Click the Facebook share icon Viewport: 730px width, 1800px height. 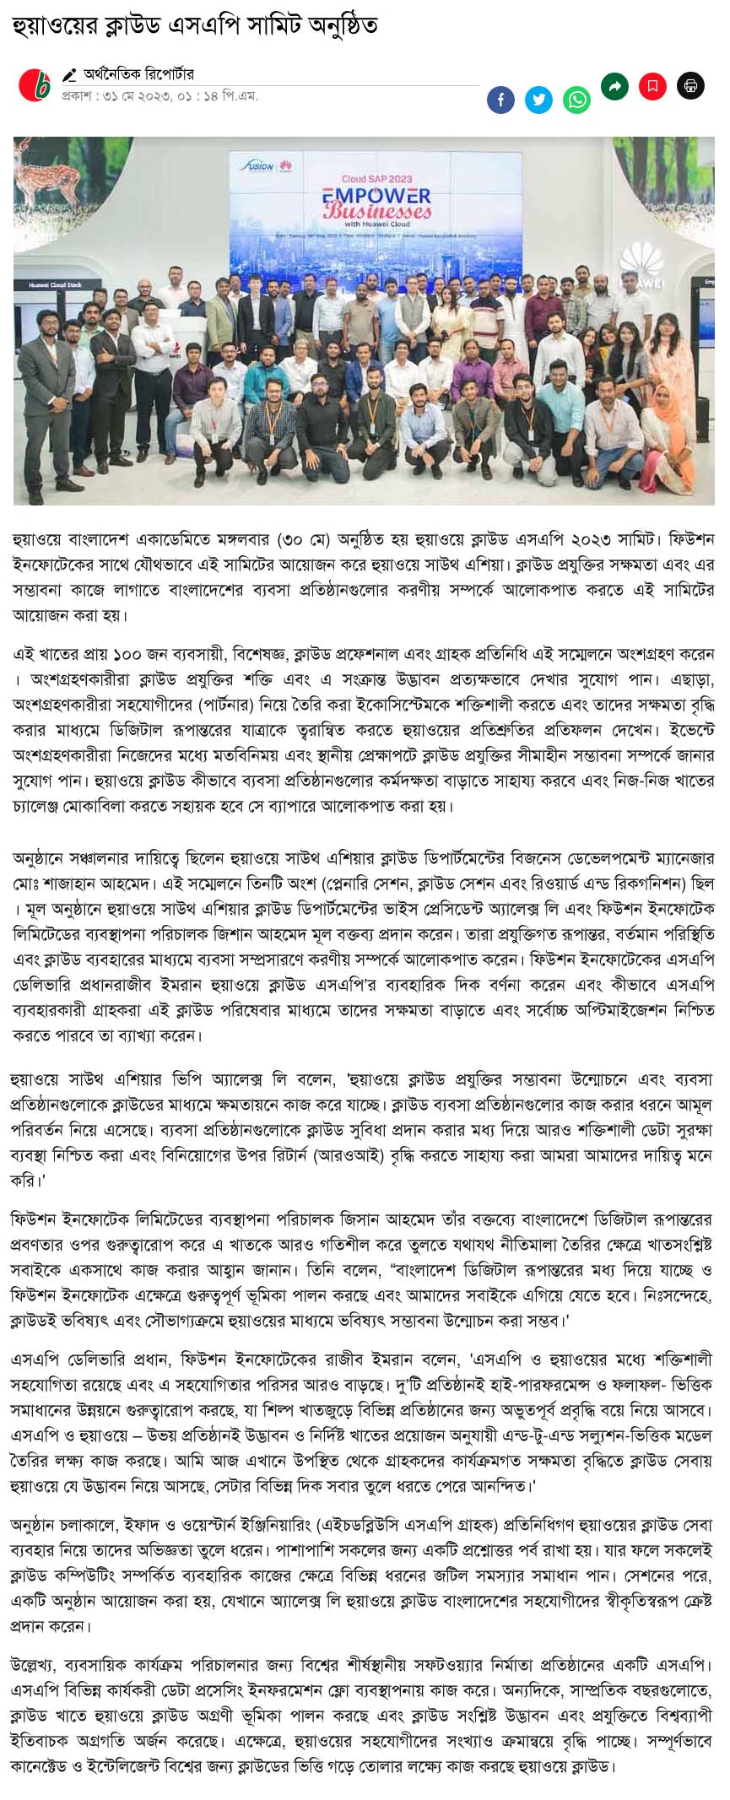click(500, 100)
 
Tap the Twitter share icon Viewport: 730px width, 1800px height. click(538, 100)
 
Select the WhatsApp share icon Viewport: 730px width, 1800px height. click(577, 100)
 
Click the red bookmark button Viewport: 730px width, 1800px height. click(652, 85)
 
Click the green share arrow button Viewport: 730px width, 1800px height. click(614, 85)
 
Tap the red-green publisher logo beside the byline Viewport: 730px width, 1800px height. click(35, 85)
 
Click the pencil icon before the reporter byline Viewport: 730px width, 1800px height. click(69, 75)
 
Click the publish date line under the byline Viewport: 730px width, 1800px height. click(159, 95)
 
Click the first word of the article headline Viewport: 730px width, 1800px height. click(45, 25)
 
